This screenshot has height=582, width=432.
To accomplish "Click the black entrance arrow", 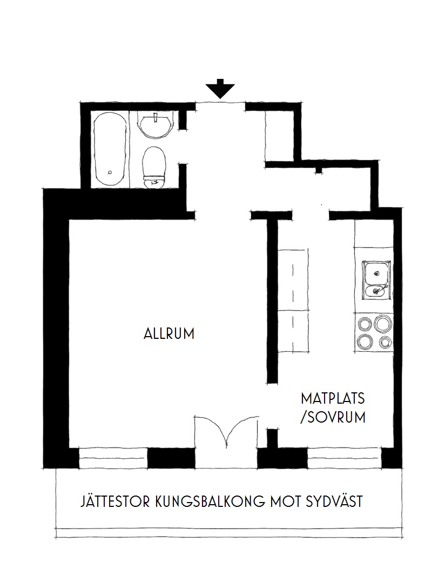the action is [x=220, y=89].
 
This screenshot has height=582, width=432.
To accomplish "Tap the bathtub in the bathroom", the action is [x=110, y=150].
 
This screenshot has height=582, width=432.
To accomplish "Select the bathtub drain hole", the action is [x=110, y=172].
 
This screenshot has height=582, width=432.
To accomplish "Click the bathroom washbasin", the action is [x=155, y=125].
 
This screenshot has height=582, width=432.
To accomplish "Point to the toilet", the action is [x=154, y=167].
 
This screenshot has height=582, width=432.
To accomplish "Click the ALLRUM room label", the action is [x=169, y=333].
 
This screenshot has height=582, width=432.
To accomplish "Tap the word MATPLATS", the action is [x=333, y=399].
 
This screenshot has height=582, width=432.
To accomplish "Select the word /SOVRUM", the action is [x=333, y=418].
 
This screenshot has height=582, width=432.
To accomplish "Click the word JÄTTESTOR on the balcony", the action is [x=116, y=501].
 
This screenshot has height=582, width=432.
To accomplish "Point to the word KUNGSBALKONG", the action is [x=210, y=502].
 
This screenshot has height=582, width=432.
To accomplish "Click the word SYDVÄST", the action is [x=334, y=502].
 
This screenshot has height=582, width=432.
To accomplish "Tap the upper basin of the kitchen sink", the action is [x=376, y=273].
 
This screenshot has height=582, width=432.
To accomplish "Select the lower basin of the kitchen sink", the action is [x=376, y=291].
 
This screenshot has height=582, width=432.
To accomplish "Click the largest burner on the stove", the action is [x=383, y=323].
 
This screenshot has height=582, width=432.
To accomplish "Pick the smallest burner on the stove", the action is [x=386, y=342].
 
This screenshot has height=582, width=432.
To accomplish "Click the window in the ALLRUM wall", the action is [x=113, y=458].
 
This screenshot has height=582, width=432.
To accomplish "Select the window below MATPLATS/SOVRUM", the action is [x=345, y=458].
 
